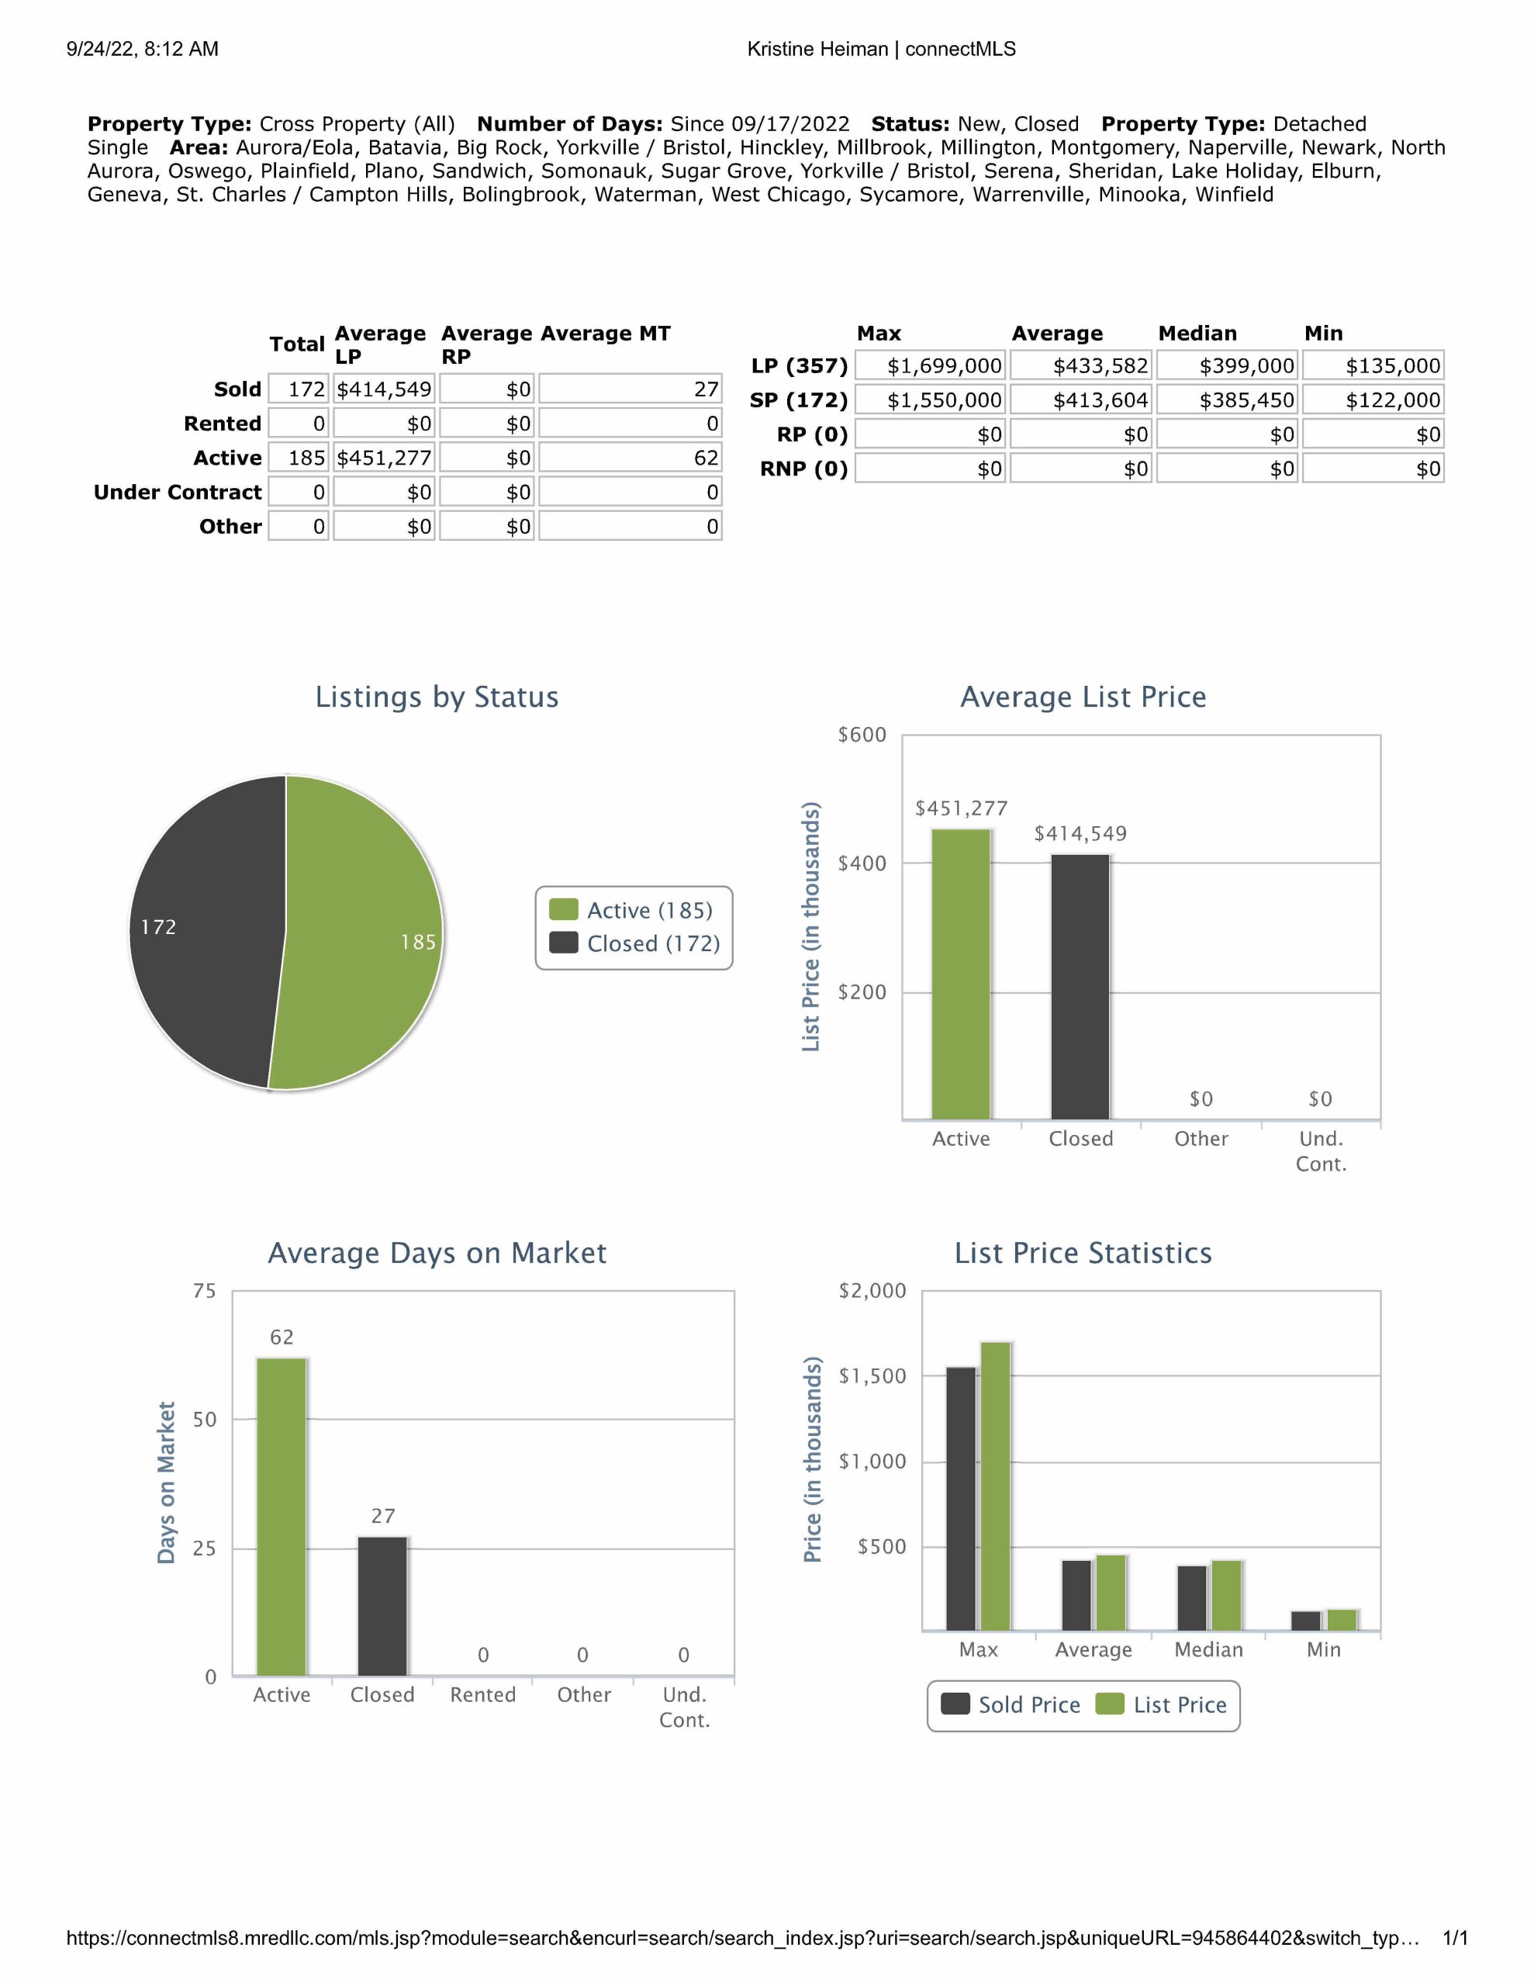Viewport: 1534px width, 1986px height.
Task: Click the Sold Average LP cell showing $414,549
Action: tap(384, 389)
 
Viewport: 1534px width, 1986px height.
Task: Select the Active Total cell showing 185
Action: tap(299, 458)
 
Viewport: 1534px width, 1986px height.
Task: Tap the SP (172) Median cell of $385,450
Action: tap(1228, 400)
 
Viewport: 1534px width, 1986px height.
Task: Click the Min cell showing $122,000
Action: tap(1373, 400)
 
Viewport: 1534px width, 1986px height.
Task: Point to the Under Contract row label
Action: tap(178, 492)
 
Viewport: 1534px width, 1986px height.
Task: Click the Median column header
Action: tap(1197, 333)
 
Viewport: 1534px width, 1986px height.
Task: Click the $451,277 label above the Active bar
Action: tap(961, 808)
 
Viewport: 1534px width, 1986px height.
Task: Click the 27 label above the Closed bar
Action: tap(383, 1516)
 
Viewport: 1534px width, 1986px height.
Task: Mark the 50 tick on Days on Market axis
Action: tap(205, 1420)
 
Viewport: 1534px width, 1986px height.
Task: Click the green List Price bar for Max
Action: tap(996, 1486)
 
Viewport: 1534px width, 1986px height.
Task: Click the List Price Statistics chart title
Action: tap(1082, 1253)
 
